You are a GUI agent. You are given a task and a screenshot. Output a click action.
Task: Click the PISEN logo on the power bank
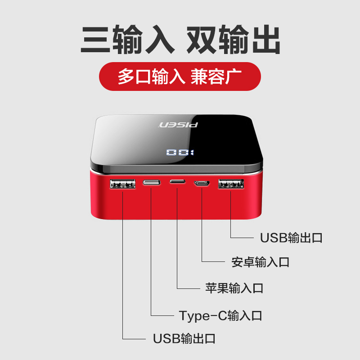pos(179,125)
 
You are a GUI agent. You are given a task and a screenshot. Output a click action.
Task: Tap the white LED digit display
pos(180,153)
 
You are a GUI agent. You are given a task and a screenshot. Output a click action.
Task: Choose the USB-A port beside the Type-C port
pos(122,184)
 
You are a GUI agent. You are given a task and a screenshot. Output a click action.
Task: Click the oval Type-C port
pos(151,183)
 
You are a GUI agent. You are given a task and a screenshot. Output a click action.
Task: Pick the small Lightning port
pos(177,182)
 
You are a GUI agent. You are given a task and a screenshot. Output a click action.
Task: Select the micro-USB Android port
pos(202,183)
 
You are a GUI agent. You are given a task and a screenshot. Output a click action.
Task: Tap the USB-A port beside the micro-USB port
pos(231,184)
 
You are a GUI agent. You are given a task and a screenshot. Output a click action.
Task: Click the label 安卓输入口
pos(260,262)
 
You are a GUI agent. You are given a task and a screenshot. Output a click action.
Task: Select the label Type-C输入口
pos(220,315)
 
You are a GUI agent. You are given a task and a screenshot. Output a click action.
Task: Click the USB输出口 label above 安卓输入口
pos(291,238)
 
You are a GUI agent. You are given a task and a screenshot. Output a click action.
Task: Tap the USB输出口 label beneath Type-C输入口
pos(184,338)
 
